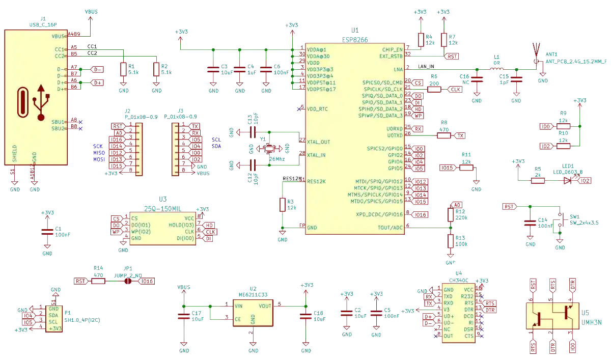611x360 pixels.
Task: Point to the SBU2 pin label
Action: pos(58,129)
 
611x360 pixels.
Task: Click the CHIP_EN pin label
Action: pos(392,49)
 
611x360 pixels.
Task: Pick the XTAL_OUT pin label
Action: pos(318,142)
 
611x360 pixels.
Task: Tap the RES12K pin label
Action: pos(316,181)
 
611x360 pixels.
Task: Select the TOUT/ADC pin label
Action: pos(390,228)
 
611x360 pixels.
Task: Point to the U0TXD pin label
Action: pos(395,135)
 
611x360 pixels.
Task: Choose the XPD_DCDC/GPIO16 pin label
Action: pos(379,214)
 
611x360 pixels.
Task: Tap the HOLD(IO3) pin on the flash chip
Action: pos(181,225)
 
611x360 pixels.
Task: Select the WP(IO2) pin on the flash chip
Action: pos(141,232)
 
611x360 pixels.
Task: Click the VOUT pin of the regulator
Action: pos(265,306)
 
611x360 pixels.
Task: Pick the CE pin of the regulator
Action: pos(238,319)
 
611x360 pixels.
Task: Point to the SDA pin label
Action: pos(53,315)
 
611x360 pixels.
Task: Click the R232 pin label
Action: pos(467,296)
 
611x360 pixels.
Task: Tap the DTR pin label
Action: pos(469,310)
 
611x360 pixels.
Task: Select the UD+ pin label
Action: pos(449,316)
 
